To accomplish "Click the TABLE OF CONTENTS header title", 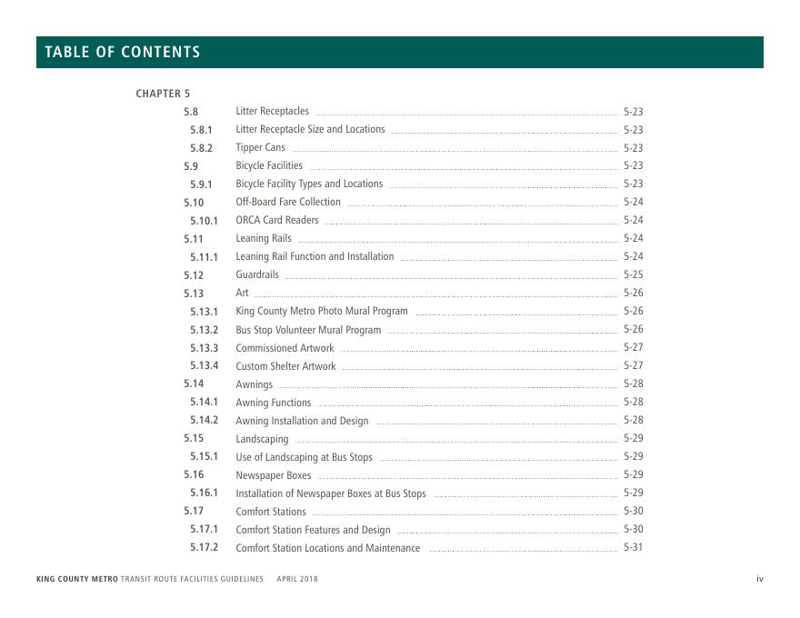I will (x=123, y=52).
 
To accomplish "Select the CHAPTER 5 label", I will (x=163, y=94).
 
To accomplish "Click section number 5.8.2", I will (x=201, y=148).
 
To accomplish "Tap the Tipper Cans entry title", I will (x=260, y=147).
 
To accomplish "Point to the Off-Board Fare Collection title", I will (x=288, y=202).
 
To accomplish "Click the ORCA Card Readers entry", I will (x=277, y=220).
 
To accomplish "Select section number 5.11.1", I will (x=204, y=257).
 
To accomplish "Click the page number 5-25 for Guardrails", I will (x=633, y=274).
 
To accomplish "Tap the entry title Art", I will (x=242, y=293).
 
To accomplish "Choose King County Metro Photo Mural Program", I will (x=322, y=311).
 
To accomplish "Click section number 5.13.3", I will (x=204, y=348).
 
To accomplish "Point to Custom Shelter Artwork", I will (x=285, y=366).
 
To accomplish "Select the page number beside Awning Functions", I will (x=633, y=402).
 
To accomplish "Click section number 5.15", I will (x=194, y=438).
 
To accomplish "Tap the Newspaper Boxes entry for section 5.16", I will (x=273, y=475).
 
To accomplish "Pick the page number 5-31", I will (x=633, y=548).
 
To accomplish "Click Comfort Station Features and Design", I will (x=313, y=530).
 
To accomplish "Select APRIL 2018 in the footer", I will (x=297, y=579).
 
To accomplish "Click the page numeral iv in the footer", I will (x=759, y=579).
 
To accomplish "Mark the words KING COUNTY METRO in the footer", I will (x=77, y=579).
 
